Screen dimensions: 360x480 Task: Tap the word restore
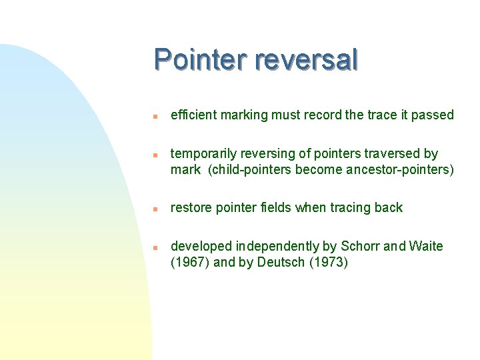click(x=191, y=207)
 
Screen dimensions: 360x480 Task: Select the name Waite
click(x=427, y=247)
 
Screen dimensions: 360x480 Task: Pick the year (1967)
click(x=190, y=262)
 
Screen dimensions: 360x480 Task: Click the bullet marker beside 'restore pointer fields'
click(x=154, y=209)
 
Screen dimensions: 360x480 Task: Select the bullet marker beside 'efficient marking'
click(x=154, y=116)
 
